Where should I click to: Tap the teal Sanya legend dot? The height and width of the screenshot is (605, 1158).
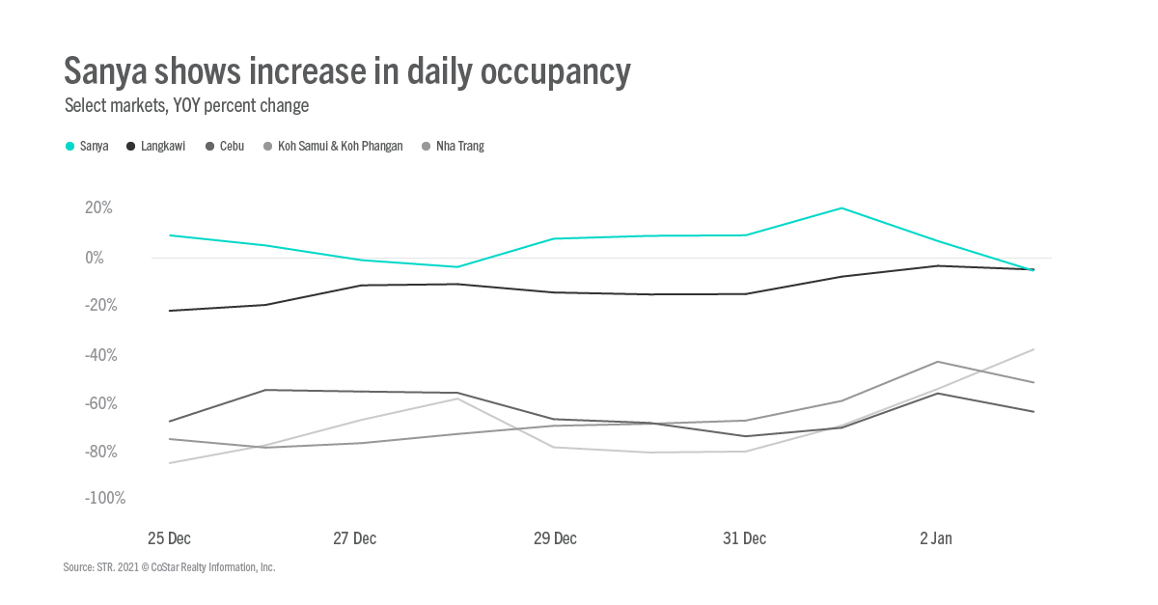tap(69, 147)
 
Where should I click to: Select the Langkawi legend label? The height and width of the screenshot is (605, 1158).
tap(164, 147)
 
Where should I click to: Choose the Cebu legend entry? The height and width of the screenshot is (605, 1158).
tap(232, 147)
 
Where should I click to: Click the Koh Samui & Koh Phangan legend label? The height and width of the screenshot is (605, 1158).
tap(340, 147)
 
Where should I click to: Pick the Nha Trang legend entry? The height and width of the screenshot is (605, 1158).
tap(460, 147)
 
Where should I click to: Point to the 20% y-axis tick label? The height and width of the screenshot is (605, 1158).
tap(97, 207)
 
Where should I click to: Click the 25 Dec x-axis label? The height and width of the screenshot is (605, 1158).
tap(169, 538)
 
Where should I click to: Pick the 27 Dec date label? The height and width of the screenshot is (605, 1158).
tap(354, 538)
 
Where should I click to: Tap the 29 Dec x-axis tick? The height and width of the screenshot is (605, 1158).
tap(555, 538)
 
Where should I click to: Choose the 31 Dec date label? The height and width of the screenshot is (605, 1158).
tap(744, 538)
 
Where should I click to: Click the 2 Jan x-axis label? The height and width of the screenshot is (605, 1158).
tap(935, 538)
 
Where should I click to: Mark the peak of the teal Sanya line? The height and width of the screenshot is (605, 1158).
tap(841, 208)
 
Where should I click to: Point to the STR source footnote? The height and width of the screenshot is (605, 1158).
tap(169, 567)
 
